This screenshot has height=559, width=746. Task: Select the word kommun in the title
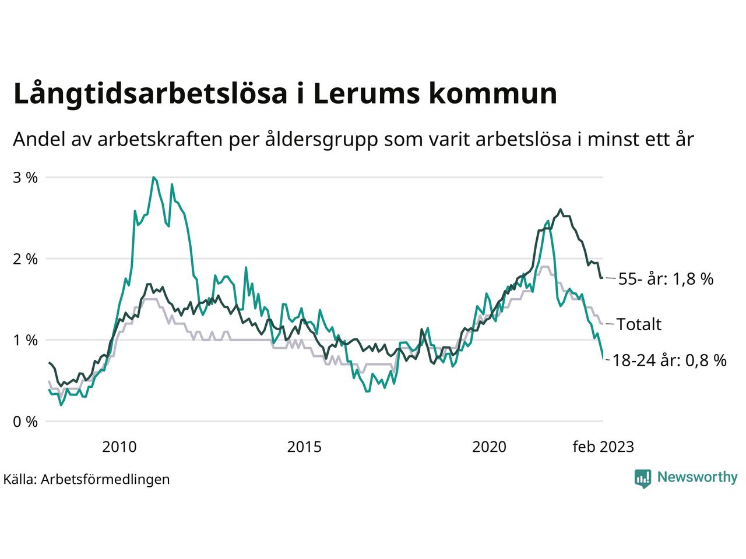pos(495,94)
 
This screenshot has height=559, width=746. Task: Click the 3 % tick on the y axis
pos(25,178)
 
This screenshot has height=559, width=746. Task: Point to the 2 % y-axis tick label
pos(25,259)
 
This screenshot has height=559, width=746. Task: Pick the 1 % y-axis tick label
pos(25,340)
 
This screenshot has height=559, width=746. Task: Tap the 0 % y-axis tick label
pos(25,422)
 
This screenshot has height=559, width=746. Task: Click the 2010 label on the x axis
pos(119,447)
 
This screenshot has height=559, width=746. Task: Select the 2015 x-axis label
pos(304,447)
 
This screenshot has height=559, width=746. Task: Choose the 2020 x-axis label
pos(489,447)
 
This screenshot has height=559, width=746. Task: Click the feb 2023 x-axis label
pos(603,447)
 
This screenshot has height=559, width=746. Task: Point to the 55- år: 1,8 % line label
pos(666,279)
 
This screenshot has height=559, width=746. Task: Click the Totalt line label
pos(639,324)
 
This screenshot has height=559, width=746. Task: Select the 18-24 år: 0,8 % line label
pos(670,361)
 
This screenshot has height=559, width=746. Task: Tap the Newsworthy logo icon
pos(642,478)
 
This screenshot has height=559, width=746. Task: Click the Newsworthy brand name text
pos(697,477)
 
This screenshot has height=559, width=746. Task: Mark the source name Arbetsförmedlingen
pos(105,479)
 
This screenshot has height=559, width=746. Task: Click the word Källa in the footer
pos(19,479)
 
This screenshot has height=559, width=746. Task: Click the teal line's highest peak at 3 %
pos(153,177)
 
